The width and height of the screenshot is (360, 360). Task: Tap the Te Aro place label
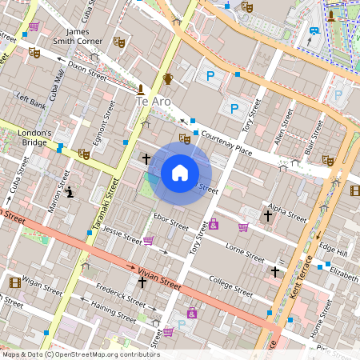pyautogui.click(x=154, y=102)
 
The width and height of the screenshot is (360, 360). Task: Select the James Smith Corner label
pyautogui.click(x=78, y=37)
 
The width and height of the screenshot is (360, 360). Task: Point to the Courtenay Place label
pyautogui.click(x=227, y=143)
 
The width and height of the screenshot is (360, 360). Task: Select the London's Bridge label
pyautogui.click(x=35, y=138)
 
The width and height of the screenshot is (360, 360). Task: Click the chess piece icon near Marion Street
pyautogui.click(x=70, y=192)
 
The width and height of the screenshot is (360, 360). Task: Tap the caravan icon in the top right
pyautogui.click(x=314, y=32)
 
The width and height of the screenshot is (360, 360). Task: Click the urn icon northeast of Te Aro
pyautogui.click(x=168, y=78)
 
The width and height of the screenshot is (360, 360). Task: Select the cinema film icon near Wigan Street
pyautogui.click(x=14, y=282)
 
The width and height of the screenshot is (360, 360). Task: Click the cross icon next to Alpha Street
pyautogui.click(x=268, y=215)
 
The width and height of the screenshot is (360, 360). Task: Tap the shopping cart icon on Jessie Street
pyautogui.click(x=148, y=240)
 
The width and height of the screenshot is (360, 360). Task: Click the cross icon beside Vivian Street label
pyautogui.click(x=142, y=282)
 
